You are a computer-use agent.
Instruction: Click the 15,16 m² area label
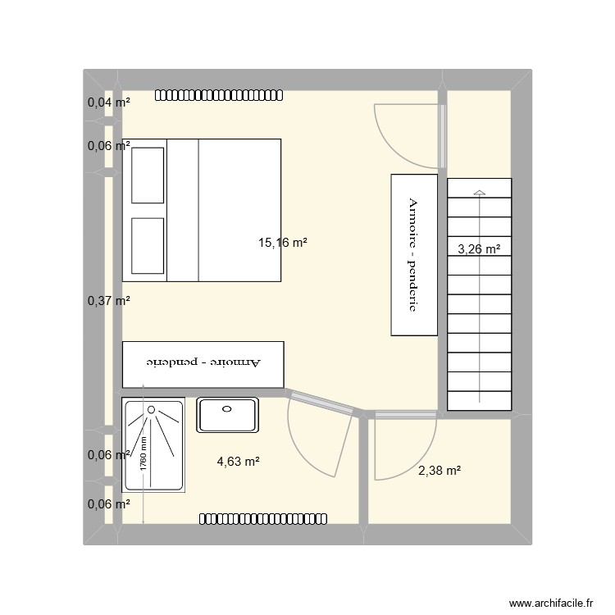pos(283,243)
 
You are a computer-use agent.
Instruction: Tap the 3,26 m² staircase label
pos(479,250)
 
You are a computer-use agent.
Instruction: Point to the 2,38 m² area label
pos(439,470)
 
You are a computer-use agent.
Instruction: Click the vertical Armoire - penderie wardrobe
pos(414,254)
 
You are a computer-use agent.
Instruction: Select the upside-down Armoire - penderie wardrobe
pos(203,364)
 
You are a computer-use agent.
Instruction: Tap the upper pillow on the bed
pos(148,174)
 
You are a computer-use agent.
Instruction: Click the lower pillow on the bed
pos(148,245)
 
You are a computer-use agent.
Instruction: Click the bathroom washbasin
pos(227,415)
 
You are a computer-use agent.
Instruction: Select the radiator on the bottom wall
pos(264,518)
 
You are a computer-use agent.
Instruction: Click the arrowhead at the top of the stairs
pos(479,193)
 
